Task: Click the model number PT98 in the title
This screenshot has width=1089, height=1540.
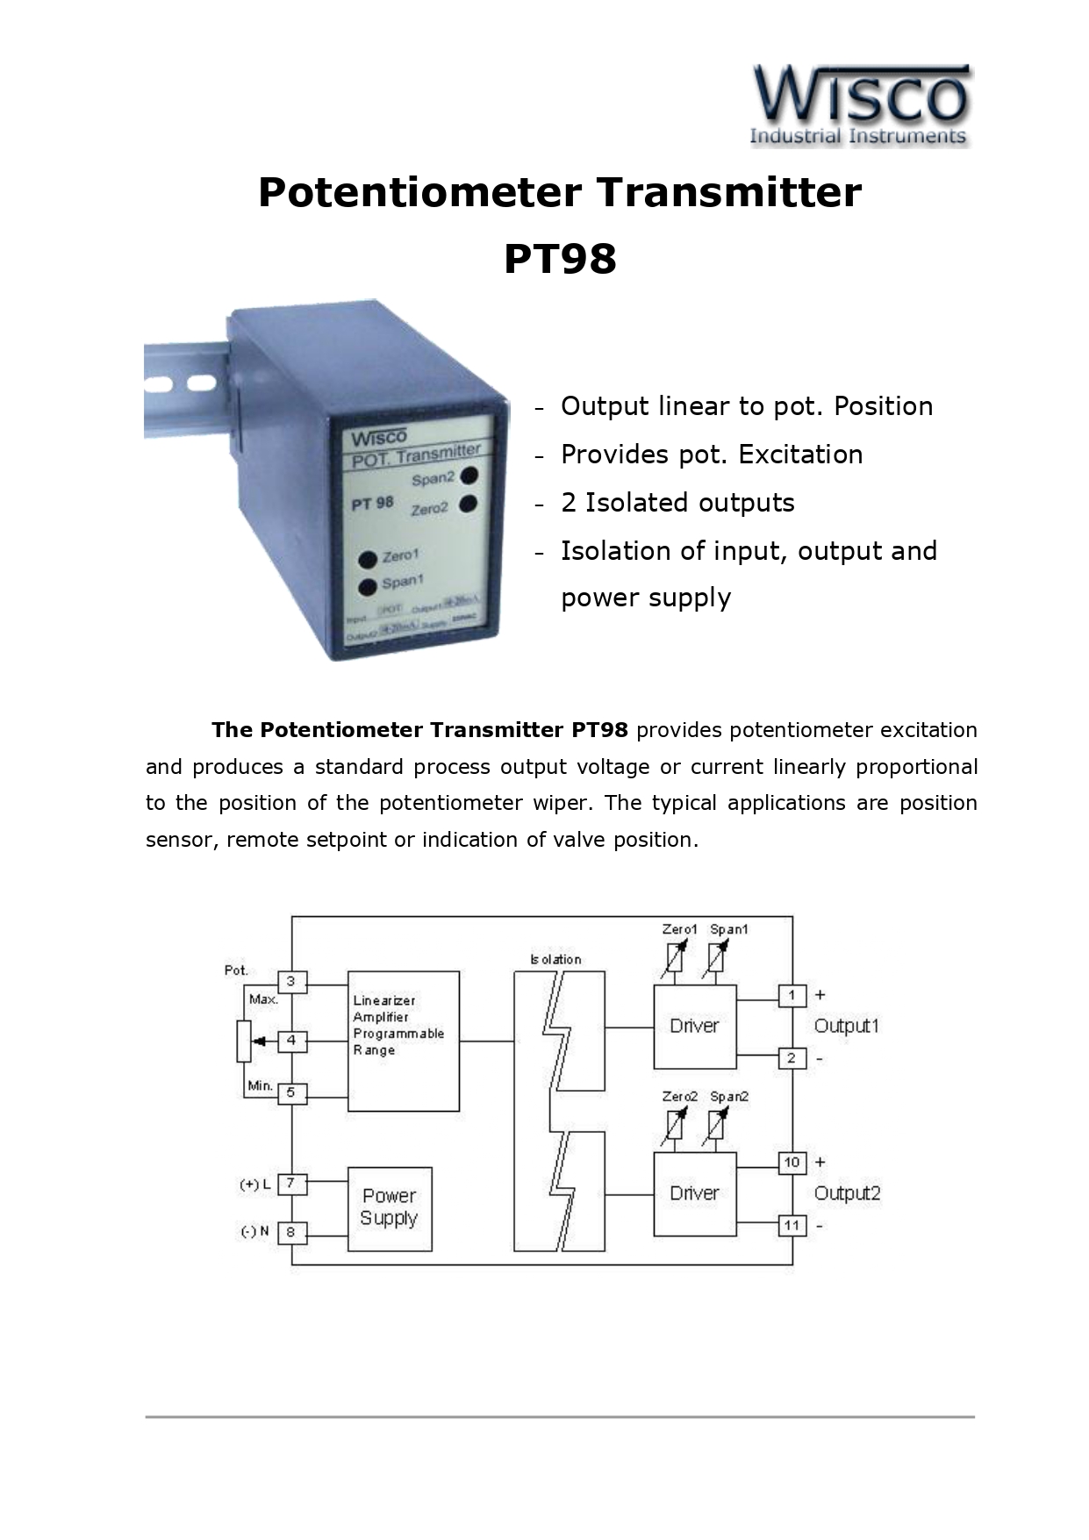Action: click(560, 259)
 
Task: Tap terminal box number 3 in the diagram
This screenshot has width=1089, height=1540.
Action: click(292, 982)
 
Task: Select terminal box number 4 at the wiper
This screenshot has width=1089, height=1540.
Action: click(292, 1041)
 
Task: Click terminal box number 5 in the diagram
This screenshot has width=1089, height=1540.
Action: click(292, 1093)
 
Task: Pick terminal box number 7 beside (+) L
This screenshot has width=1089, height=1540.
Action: click(292, 1184)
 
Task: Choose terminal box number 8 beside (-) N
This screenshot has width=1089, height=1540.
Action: click(292, 1232)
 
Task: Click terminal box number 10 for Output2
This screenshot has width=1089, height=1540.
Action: click(792, 1163)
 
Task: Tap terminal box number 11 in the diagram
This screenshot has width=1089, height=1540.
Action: click(792, 1225)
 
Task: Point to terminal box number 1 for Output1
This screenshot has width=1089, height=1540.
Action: click(792, 995)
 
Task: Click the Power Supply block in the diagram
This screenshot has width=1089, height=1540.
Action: click(390, 1208)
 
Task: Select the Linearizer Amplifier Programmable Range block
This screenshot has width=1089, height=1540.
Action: click(403, 1041)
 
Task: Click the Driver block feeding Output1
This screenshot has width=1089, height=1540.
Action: click(694, 1027)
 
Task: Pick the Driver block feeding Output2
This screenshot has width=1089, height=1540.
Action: click(694, 1193)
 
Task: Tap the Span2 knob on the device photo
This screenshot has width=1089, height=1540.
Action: click(469, 476)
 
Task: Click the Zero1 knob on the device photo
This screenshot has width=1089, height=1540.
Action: click(368, 559)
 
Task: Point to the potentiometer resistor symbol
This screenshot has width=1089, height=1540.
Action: click(244, 1042)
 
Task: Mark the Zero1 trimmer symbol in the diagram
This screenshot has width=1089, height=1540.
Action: click(672, 958)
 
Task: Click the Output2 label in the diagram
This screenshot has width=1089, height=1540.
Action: click(847, 1193)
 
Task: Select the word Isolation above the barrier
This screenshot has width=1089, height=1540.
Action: click(555, 959)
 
